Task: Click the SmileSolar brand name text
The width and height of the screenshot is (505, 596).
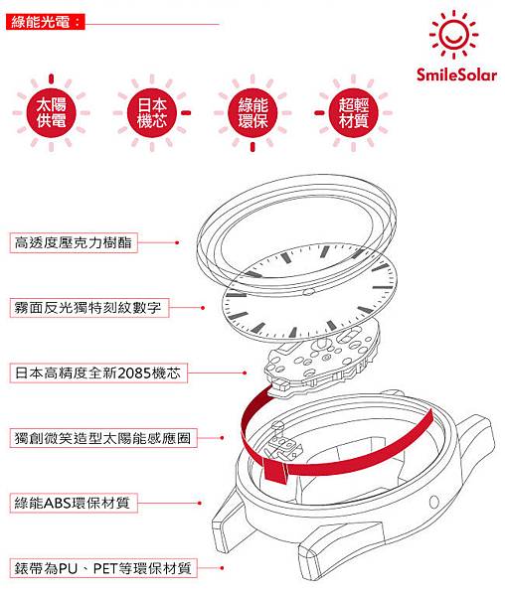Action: pos(456,74)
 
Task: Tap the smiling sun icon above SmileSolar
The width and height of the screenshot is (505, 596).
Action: pos(453,35)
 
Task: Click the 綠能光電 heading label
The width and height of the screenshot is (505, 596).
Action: pos(46,22)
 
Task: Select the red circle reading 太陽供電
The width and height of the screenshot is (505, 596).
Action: pos(52,113)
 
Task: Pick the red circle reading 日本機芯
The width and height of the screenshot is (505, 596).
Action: pos(152,113)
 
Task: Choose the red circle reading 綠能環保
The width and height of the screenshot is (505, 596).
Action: pos(252,113)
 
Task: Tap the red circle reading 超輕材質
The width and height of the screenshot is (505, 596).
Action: pos(353,113)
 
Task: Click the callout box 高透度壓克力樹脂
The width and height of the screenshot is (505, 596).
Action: pos(74,242)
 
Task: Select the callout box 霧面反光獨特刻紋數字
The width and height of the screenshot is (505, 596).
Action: pos(89,308)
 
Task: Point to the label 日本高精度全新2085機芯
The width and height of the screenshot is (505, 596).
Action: pos(98,372)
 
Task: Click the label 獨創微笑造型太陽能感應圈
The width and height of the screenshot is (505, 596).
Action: pos(103,438)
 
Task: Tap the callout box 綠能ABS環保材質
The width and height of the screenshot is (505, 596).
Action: pos(74,503)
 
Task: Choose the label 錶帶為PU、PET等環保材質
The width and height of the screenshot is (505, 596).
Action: pos(103,568)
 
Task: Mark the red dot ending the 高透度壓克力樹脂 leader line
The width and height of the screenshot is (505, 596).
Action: pos(177,242)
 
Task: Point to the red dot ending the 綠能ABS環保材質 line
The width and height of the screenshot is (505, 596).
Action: pos(200,504)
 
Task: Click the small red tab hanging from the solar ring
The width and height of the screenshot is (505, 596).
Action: pos(275,471)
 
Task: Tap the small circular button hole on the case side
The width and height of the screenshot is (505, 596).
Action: pos(433,502)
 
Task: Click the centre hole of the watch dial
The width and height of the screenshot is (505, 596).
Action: pos(309,292)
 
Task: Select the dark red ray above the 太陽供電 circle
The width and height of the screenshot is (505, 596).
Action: pos(52,78)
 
